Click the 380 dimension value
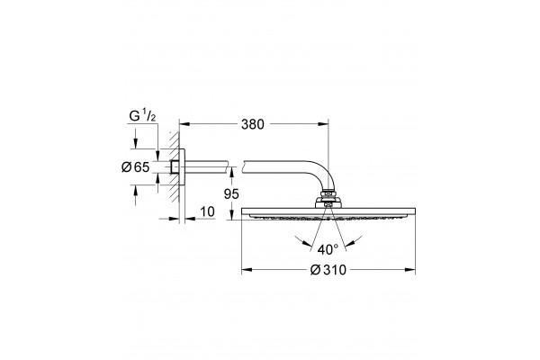(252, 124)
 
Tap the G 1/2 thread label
(142, 116)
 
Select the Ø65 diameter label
(135, 167)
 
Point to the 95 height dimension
(231, 194)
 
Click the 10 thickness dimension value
(207, 211)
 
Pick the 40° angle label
(328, 249)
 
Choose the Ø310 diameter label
(328, 270)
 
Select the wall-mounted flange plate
(182, 167)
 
